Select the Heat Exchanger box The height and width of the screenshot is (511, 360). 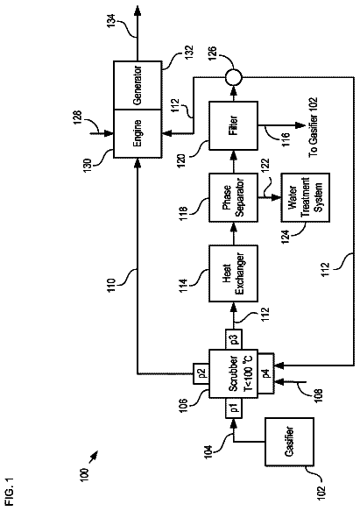[x=233, y=273]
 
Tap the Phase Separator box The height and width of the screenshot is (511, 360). [x=233, y=197]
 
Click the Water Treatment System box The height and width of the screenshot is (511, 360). [x=306, y=197]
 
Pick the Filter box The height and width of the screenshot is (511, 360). [x=233, y=125]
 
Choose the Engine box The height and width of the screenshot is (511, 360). [x=138, y=133]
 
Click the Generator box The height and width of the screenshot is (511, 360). [x=138, y=85]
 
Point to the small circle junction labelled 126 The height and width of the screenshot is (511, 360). [x=233, y=77]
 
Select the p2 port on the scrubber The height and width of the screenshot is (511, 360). [x=201, y=373]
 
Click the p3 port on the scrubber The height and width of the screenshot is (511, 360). [x=233, y=339]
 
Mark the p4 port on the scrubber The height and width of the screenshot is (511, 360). [x=266, y=373]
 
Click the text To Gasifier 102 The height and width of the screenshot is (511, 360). [x=313, y=127]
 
